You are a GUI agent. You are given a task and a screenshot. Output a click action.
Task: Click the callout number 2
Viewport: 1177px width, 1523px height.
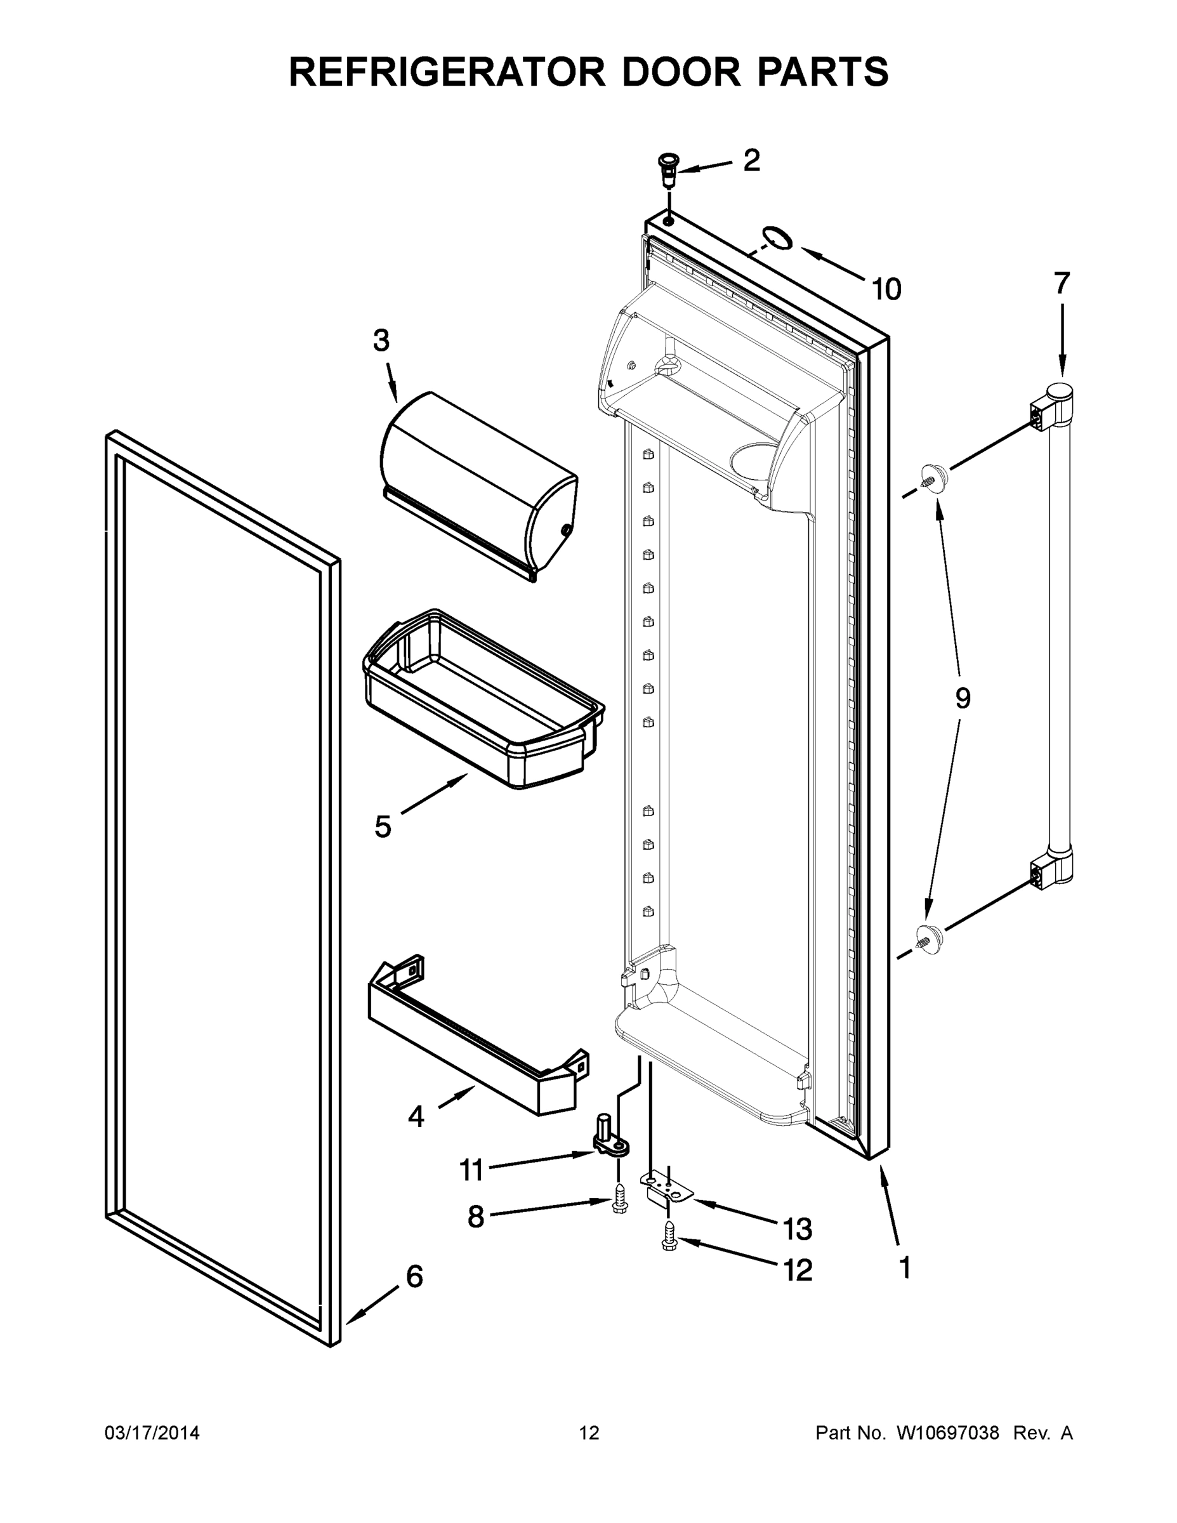[751, 161]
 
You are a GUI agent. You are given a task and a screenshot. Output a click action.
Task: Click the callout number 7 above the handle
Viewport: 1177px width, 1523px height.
[1062, 284]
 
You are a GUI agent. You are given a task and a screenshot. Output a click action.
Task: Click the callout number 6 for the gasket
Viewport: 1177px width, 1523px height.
[414, 1276]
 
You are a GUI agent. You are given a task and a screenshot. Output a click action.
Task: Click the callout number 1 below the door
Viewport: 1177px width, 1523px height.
[905, 1267]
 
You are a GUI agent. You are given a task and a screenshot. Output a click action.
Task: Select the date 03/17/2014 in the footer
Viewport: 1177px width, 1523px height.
[152, 1433]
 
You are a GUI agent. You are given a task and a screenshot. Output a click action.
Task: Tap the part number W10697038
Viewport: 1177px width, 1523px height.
[947, 1433]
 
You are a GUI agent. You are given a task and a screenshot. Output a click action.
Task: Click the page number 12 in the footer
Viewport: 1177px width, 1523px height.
[589, 1433]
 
